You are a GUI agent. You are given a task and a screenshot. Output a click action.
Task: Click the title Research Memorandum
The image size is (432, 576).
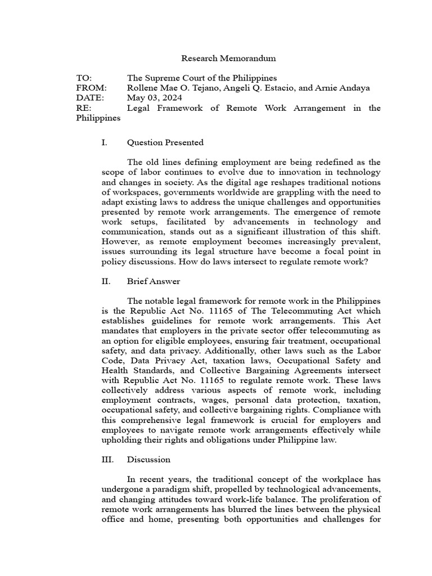(x=220, y=58)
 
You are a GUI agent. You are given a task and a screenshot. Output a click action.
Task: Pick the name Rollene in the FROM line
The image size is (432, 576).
(x=144, y=88)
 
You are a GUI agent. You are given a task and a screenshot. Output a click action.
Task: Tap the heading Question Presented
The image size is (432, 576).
(x=165, y=142)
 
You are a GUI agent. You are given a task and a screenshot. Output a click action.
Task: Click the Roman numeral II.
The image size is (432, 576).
(x=106, y=281)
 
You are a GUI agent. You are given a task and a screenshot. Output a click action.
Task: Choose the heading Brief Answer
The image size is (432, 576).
(x=153, y=281)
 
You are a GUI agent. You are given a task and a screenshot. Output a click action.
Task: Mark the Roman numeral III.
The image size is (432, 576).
(x=107, y=460)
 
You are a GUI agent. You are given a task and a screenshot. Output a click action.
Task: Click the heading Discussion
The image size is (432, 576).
(x=148, y=460)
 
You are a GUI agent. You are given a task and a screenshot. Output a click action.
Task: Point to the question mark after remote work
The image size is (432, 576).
(x=366, y=262)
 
